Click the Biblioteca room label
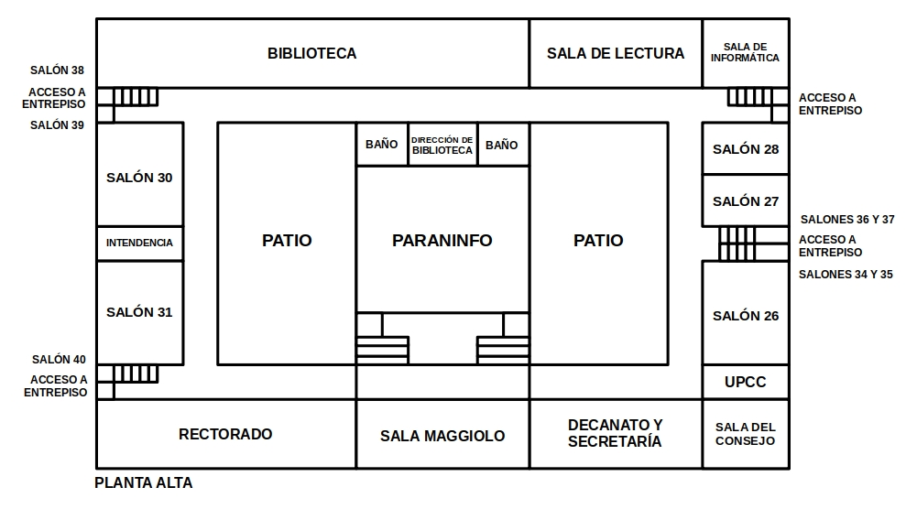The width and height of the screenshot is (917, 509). point(311,53)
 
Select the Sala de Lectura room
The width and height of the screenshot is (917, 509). point(616,53)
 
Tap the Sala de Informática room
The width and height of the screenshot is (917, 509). point(746,53)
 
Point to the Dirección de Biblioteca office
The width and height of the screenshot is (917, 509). point(442,145)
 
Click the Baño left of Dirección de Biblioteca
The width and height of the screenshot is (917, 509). point(382,145)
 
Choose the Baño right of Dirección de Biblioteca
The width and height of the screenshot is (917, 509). point(503,145)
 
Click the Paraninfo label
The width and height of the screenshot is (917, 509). point(442,240)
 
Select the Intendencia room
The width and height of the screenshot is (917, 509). point(140,244)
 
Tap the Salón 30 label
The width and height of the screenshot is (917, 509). point(139,178)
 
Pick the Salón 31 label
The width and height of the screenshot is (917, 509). point(139,312)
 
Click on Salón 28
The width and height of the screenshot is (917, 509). point(746,149)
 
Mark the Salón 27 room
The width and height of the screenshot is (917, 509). point(746,201)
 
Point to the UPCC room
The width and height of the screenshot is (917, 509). point(746,382)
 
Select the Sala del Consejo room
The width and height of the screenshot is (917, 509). point(746,434)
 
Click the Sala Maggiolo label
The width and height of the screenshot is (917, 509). point(442,436)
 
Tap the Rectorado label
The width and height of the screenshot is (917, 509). point(225,434)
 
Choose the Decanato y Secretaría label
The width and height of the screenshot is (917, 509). point(616,433)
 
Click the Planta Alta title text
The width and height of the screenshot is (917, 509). point(143,482)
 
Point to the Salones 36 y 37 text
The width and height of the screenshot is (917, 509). point(847,220)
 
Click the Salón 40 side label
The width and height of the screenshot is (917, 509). point(59,360)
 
